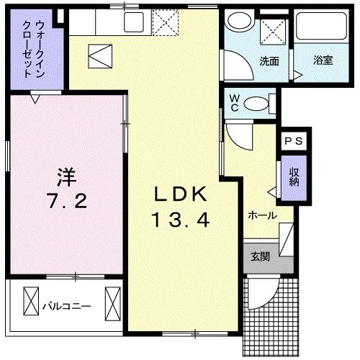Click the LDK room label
click(181, 194)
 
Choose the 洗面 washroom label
click(269, 60)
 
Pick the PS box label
click(294, 141)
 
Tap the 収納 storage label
click(294, 176)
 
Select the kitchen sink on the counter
click(134, 23)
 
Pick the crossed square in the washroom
click(273, 31)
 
